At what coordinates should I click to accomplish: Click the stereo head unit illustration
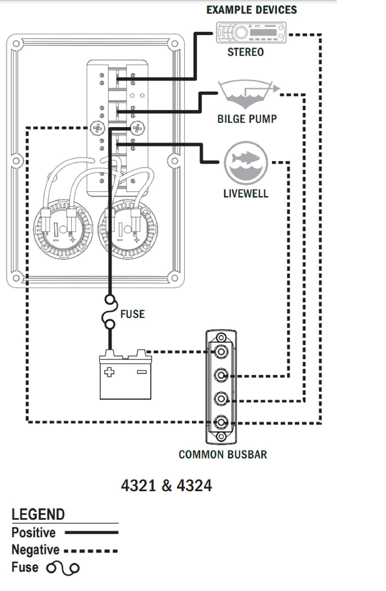[x=251, y=33]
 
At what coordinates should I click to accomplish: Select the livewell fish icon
[x=246, y=163]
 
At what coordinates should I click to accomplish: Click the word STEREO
[x=245, y=52]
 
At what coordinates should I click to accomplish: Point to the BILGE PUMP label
[x=247, y=119]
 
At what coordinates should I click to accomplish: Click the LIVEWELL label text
[x=246, y=194]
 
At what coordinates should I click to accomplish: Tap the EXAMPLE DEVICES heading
[x=251, y=10]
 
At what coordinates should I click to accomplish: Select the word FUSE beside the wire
[x=133, y=314]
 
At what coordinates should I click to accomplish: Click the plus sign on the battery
[x=109, y=372]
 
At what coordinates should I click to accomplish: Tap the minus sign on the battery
[x=141, y=372]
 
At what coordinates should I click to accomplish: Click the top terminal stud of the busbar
[x=221, y=352]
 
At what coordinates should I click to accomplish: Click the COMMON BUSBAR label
[x=223, y=455]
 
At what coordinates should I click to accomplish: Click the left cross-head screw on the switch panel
[x=98, y=128]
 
